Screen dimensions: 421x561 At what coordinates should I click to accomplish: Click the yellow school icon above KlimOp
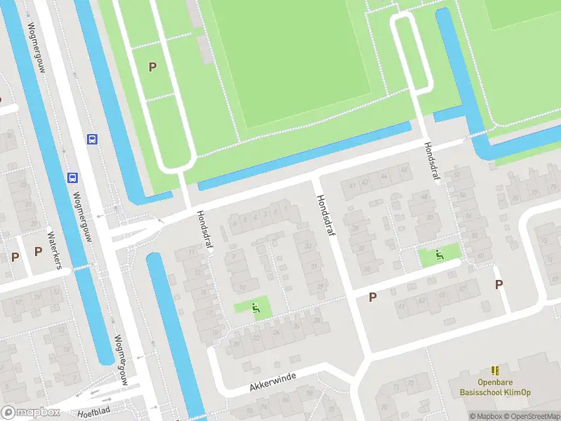496,370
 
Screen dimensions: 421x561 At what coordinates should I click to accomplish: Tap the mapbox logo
31,413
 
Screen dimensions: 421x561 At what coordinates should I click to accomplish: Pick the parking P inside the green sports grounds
152,67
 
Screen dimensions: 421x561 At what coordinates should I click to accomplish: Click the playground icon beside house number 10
256,307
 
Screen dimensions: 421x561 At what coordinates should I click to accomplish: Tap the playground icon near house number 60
440,254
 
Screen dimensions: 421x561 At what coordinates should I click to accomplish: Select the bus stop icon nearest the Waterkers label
72,178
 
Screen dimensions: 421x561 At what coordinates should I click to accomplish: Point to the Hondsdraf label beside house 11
205,231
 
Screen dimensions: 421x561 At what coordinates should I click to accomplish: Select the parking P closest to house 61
373,297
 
